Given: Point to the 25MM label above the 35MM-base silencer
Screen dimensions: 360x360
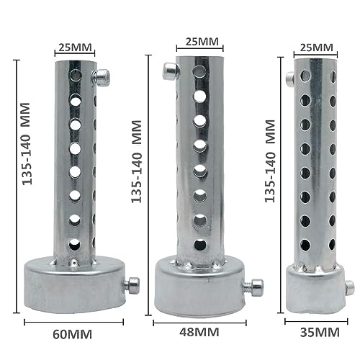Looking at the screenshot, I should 315,48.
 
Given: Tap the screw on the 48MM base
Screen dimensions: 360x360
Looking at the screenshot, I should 249,287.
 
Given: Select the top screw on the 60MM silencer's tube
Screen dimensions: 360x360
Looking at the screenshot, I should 104,75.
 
